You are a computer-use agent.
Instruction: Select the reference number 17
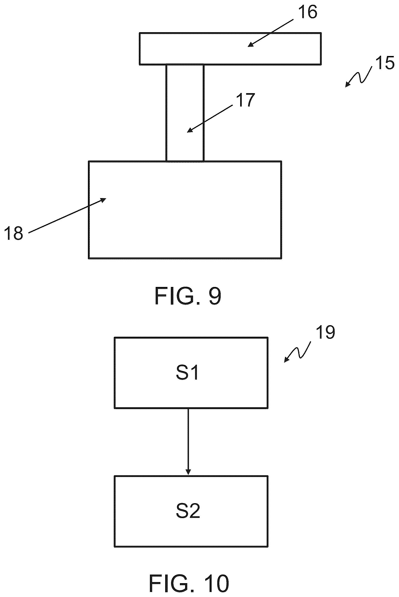point(245,100)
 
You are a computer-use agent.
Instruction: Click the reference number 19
point(325,332)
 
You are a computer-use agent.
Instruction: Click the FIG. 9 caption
point(188,296)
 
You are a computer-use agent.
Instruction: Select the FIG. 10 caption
point(189,583)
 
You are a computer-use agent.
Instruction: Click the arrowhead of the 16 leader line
point(250,45)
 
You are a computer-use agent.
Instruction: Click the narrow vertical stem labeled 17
point(185,113)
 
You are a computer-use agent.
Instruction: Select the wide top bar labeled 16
point(230,49)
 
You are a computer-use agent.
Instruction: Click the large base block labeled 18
point(185,210)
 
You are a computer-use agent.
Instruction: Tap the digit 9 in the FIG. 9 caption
point(215,296)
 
